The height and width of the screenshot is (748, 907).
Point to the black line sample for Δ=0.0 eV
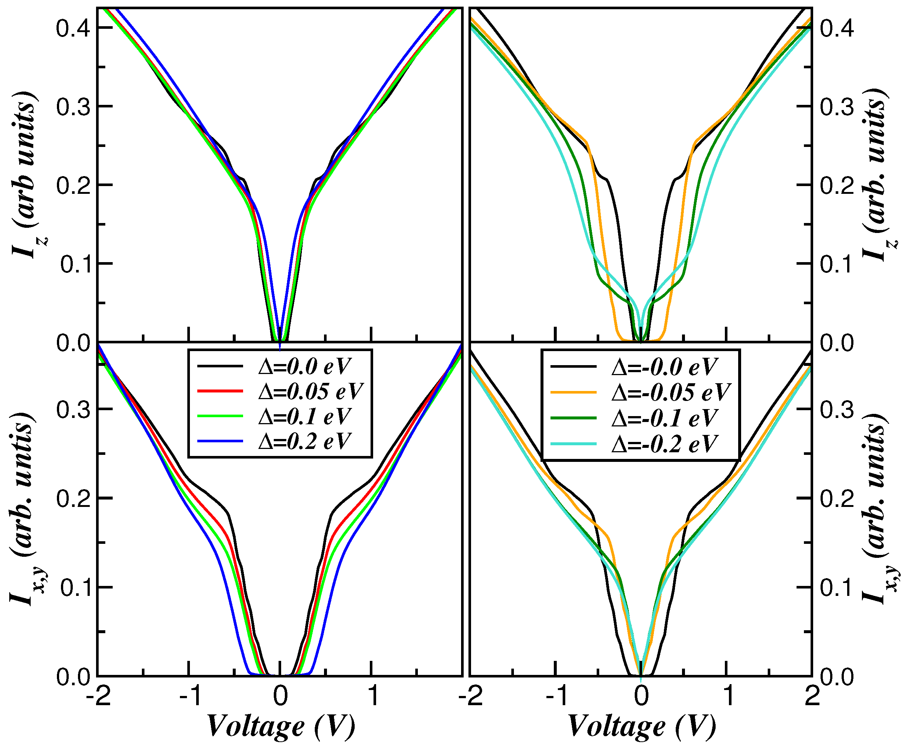tap(220, 366)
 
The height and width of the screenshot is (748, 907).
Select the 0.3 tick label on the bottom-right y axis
tap(837, 410)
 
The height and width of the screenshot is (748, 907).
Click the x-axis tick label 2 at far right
tap(812, 696)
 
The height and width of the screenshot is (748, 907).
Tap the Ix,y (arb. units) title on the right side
tap(879, 508)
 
